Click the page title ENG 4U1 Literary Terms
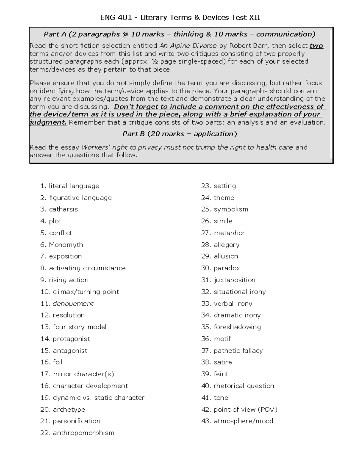[x=180, y=18]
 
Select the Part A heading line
[x=179, y=34]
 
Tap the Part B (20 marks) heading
[x=179, y=134]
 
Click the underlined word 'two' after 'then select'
[x=316, y=46]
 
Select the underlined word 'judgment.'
[x=48, y=122]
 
